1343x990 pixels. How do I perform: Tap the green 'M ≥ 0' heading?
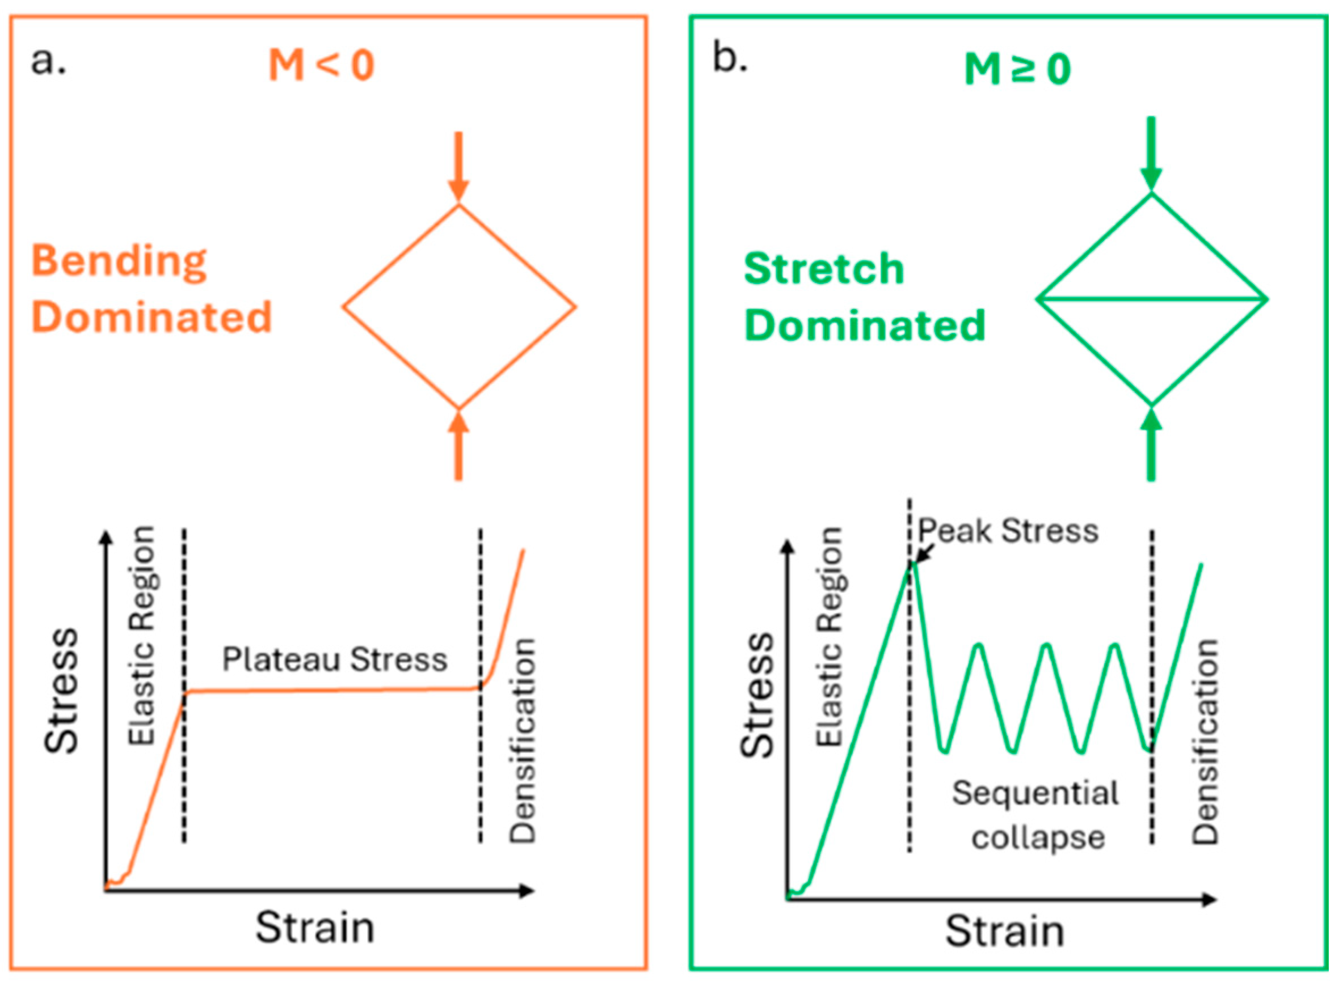1017,70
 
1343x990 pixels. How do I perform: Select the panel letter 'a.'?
48,61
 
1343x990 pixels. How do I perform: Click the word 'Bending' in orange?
119,262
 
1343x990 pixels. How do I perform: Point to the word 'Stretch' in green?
824,269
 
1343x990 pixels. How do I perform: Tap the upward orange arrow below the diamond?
458,446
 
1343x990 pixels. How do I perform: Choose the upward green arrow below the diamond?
1151,443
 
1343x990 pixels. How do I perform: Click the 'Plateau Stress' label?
335,660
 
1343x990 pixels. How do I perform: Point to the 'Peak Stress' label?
1008,531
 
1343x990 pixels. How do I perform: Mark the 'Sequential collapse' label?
1036,815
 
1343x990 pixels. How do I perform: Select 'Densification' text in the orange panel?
522,741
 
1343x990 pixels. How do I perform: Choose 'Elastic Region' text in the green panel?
831,637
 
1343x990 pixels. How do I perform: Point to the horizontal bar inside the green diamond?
1152,299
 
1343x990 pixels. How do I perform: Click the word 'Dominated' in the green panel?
865,325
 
